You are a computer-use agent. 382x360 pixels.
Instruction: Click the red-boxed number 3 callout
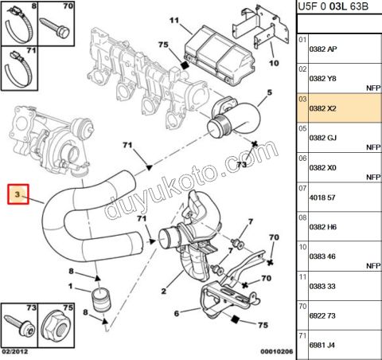pos(21,194)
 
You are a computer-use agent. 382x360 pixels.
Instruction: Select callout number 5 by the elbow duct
pos(269,92)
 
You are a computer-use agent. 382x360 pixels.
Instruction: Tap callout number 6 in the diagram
pos(177,314)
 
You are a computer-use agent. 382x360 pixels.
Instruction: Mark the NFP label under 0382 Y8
pos(369,88)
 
